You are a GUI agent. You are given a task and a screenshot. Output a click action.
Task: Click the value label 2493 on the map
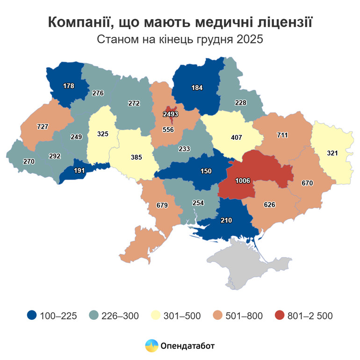coord(170,114)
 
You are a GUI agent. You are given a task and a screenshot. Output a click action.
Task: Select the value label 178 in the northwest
coord(69,86)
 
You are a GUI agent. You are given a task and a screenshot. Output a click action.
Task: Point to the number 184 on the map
coord(197,87)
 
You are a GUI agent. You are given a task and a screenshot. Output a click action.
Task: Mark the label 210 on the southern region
coord(226,219)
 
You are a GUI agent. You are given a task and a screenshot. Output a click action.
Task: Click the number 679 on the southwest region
coord(154,204)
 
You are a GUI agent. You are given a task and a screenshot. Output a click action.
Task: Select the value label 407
coord(237,138)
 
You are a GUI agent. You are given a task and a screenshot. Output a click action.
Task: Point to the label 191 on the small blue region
coord(80,171)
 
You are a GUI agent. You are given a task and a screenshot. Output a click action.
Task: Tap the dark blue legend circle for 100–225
coord(32,316)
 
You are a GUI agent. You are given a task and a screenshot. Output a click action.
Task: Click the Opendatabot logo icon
coord(151,346)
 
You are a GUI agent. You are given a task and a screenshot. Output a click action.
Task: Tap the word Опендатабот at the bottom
coord(187,346)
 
